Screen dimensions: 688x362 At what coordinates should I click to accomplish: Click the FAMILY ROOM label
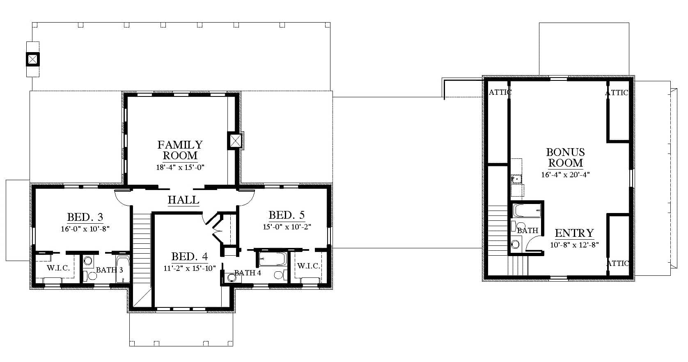180,150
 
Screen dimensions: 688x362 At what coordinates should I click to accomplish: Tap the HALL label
183,200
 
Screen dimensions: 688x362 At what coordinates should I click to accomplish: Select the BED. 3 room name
85,217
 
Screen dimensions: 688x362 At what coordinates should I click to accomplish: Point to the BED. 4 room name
190,257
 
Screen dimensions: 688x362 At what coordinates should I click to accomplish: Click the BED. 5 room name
287,215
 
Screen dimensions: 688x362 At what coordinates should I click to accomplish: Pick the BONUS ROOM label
565,158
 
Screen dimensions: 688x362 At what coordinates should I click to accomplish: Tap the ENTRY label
574,234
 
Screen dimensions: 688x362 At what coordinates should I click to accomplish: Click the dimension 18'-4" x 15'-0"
180,167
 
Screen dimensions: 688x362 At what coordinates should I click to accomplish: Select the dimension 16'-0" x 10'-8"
85,229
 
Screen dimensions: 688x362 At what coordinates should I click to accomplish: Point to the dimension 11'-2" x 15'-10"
190,268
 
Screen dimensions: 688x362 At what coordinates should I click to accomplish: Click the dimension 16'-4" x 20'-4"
565,175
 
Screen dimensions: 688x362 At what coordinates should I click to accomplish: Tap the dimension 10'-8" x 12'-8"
574,245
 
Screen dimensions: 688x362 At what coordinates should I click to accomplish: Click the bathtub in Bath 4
273,259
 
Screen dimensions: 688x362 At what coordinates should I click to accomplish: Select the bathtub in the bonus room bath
527,210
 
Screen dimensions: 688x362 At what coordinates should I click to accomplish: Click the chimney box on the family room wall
236,141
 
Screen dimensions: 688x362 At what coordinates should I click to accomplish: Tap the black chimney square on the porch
32,59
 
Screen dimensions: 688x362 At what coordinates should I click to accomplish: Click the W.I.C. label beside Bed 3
58,268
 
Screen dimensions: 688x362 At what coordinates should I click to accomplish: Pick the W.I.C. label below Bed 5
309,266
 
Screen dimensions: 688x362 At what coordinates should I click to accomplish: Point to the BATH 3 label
109,270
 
